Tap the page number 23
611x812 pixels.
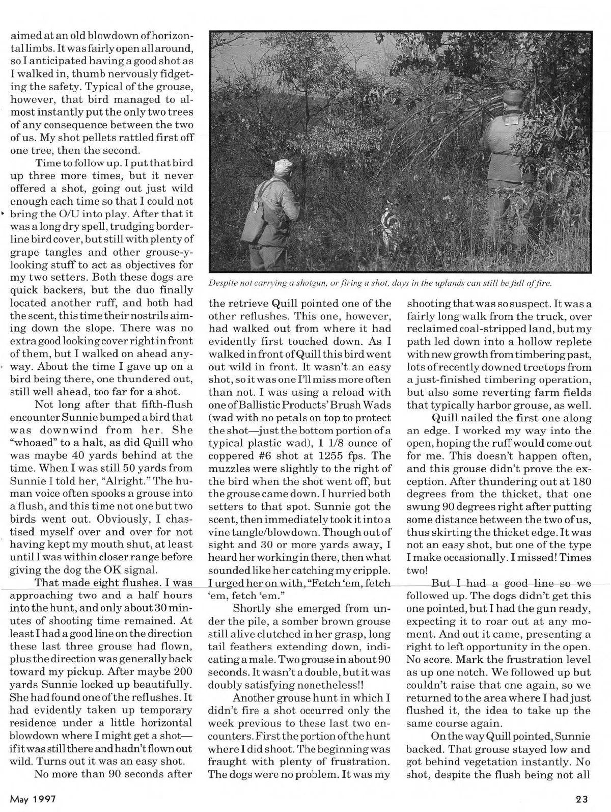pyautogui.click(x=584, y=798)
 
